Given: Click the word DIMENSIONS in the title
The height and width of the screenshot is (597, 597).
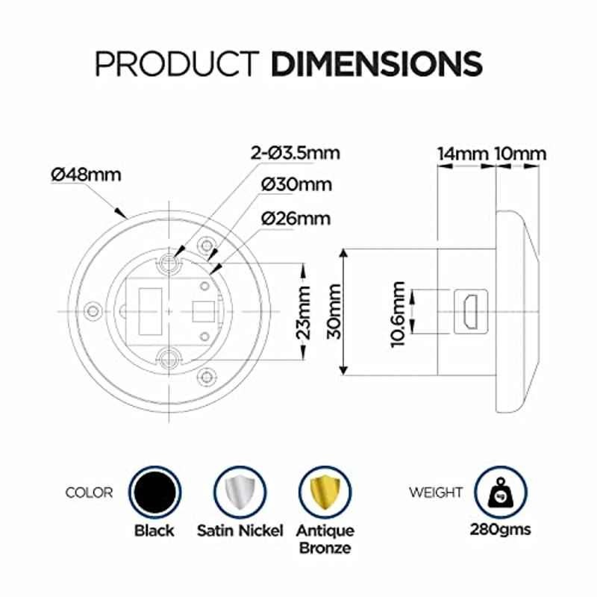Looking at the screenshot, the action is click(377, 63).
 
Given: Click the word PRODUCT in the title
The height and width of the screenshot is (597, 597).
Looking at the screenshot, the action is click(177, 63).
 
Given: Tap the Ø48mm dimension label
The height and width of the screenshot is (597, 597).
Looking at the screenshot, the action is click(86, 175).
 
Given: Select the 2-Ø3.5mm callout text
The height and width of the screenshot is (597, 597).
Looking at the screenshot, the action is click(295, 153).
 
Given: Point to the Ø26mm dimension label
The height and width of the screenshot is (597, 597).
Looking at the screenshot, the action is click(296, 219).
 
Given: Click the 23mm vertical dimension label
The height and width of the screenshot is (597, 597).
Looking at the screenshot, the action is click(304, 313).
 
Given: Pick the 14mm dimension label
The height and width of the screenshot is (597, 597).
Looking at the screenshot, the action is click(463, 154).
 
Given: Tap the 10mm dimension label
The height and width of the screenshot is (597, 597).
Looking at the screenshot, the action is click(520, 154).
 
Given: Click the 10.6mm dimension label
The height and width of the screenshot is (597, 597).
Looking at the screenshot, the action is click(398, 314).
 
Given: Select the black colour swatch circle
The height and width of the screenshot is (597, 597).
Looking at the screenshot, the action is click(155, 493).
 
